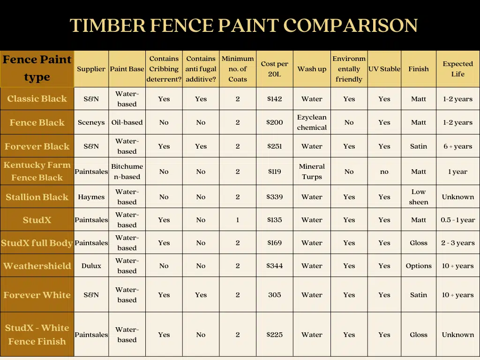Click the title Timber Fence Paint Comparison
(243, 25)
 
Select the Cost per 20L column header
(275, 69)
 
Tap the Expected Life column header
(457, 69)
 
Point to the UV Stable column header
(384, 69)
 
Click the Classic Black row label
(37, 99)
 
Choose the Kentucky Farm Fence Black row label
(37, 171)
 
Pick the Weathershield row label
(37, 266)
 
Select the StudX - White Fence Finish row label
(37, 334)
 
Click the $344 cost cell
(275, 266)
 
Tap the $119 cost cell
(275, 172)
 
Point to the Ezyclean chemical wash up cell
(312, 122)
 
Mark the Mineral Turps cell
(312, 172)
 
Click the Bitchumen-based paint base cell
(127, 172)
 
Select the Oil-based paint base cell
(127, 122)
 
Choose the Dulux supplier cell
(91, 266)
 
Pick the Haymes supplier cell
(91, 197)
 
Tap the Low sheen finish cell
(419, 197)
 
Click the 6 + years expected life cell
(457, 146)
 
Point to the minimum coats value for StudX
(238, 220)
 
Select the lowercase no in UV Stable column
(384, 172)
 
